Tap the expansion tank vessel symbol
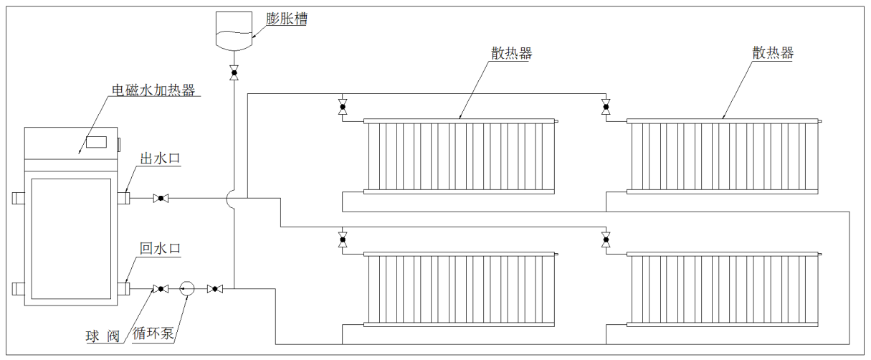click(x=234, y=32)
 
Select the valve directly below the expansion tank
click(x=234, y=72)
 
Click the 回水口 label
click(x=160, y=249)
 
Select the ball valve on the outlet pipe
click(x=161, y=198)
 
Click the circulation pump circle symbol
click(x=188, y=289)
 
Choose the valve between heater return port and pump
click(x=161, y=289)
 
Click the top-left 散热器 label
click(x=511, y=53)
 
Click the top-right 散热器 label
click(x=773, y=53)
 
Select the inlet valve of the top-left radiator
click(x=343, y=109)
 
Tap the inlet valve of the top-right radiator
click(x=606, y=109)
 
